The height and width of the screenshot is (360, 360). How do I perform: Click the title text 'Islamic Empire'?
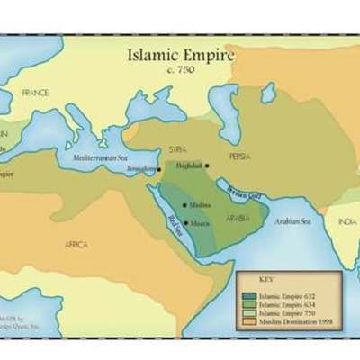(181, 55)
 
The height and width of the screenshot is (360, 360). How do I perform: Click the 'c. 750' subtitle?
(181, 69)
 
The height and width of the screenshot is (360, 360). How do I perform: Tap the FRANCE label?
(35, 93)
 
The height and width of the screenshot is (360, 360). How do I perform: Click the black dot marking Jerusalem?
(160, 169)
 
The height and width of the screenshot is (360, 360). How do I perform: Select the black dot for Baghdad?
(206, 165)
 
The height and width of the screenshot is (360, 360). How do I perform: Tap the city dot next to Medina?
(185, 205)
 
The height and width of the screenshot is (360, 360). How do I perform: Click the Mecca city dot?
(185, 222)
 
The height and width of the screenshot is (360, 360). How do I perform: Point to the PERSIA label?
(239, 156)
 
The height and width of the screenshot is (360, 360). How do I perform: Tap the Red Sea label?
(172, 225)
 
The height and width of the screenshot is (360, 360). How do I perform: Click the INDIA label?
(346, 221)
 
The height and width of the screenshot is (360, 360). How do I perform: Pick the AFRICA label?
(76, 244)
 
